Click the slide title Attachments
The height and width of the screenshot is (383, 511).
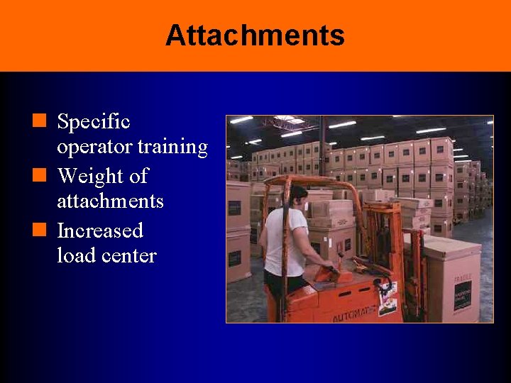255,35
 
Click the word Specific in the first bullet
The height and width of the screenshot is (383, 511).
93,122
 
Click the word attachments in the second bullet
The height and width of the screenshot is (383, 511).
110,201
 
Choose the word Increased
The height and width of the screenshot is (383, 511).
100,231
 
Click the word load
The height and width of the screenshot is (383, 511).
76,255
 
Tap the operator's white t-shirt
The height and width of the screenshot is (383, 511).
284,241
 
